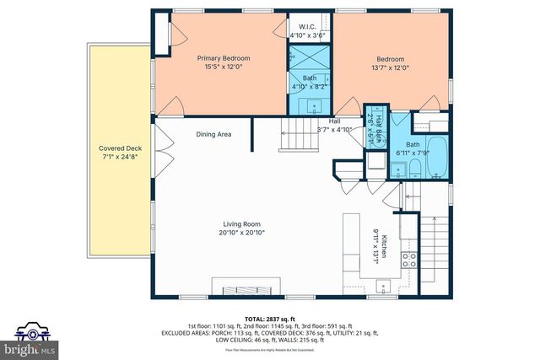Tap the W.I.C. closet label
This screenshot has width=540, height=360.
[308, 27]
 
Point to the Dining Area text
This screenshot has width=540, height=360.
[213, 134]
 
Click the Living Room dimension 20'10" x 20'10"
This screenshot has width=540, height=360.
[242, 233]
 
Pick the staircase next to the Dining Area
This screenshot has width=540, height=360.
[298, 133]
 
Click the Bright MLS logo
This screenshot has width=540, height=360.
[30, 337]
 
